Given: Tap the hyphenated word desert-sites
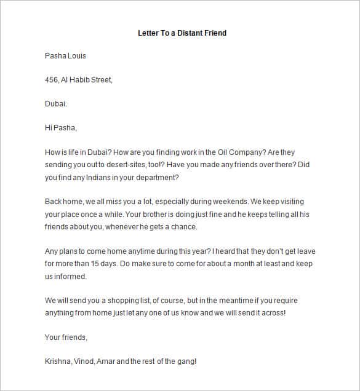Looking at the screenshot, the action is [x=127, y=165].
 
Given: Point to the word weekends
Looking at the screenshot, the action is [x=230, y=202].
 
